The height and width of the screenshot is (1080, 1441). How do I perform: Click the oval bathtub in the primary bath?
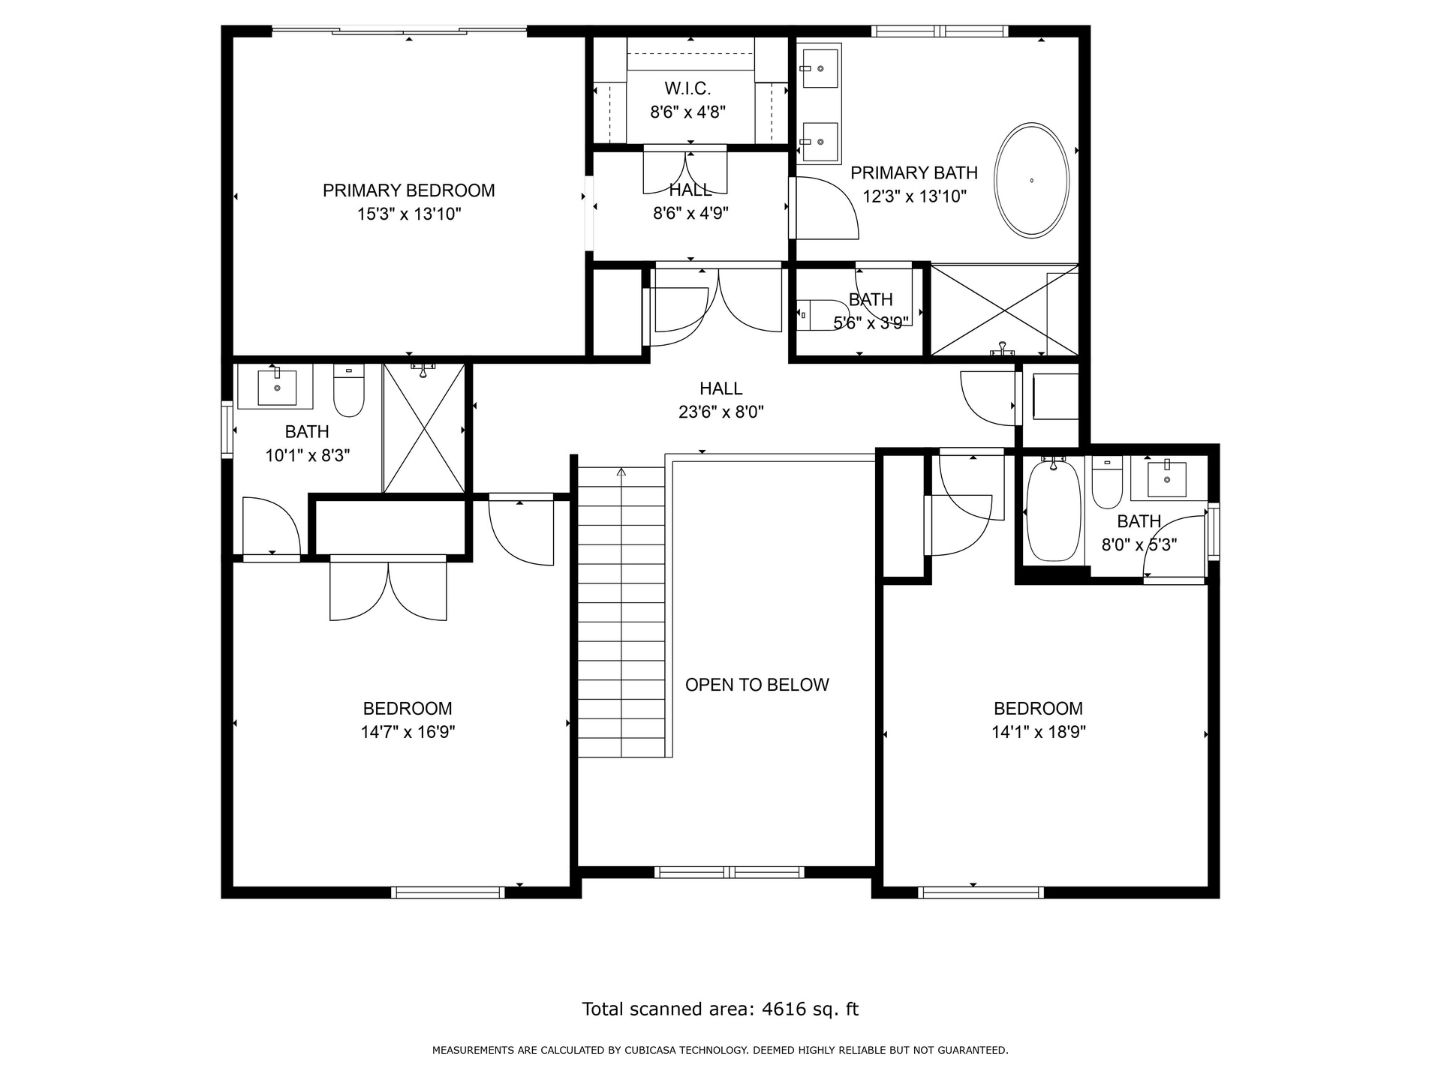[1032, 181]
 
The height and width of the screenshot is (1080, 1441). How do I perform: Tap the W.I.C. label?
[687, 88]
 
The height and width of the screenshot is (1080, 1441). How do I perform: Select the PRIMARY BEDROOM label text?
[409, 190]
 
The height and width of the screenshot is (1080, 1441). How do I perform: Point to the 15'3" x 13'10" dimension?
[409, 214]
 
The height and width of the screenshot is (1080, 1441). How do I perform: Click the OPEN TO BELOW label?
[757, 685]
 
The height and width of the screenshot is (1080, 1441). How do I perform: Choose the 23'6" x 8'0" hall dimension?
[721, 412]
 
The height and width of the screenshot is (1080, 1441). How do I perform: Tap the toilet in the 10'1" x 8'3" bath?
[348, 391]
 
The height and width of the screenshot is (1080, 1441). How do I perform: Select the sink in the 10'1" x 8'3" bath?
[277, 387]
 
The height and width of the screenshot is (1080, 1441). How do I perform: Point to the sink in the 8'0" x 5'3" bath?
[1167, 479]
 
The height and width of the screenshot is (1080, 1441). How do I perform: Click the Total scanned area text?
[720, 1009]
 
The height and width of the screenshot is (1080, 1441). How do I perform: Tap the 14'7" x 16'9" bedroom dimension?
[408, 732]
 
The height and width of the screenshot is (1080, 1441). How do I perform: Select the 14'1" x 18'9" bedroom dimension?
[1039, 732]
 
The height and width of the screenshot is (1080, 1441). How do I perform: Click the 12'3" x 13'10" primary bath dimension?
[914, 197]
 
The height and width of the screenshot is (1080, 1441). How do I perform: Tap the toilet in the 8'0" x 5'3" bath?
[1107, 483]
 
